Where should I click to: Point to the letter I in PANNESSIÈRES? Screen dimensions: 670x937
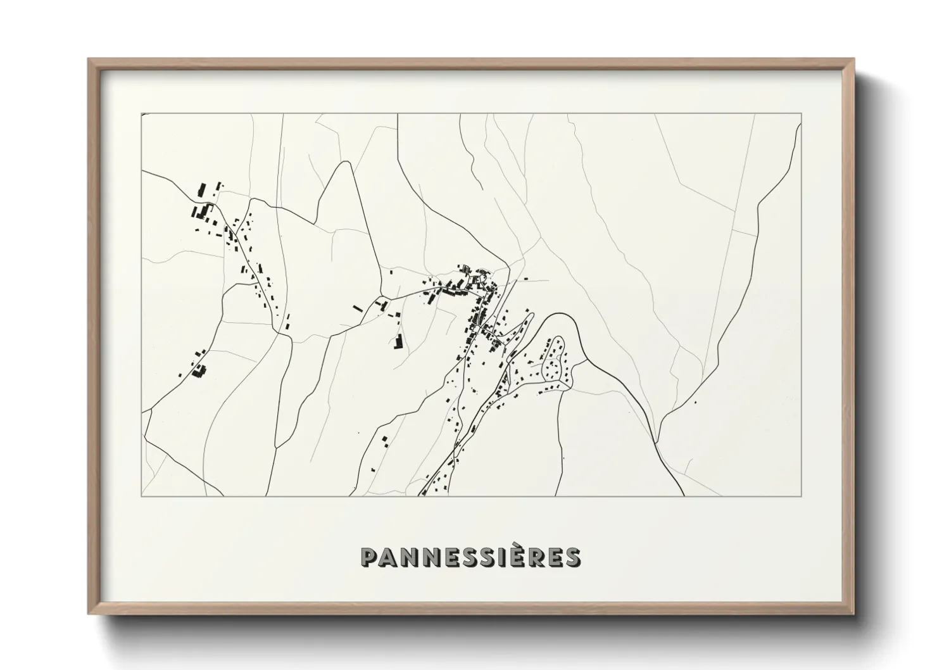click(503, 557)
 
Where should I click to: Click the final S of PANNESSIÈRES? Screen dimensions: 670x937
click(572, 557)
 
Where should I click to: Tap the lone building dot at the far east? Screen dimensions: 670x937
click(695, 401)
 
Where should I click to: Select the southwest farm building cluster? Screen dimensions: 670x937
click(198, 370)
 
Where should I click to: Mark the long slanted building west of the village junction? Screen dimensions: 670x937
click(358, 309)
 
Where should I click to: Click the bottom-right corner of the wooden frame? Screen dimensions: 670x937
click(852, 614)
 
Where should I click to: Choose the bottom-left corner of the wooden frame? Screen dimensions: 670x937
click(89, 614)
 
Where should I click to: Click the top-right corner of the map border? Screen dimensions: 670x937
click(802, 113)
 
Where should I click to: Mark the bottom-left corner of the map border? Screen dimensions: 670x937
click(141, 496)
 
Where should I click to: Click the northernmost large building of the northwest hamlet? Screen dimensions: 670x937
click(203, 189)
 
